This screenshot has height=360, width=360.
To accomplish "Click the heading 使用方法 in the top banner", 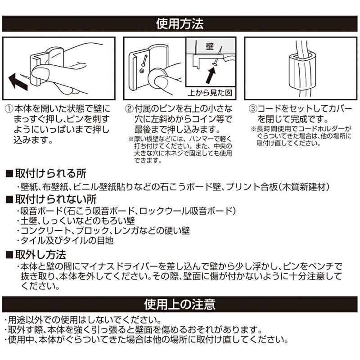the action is pyautogui.click(x=180, y=24).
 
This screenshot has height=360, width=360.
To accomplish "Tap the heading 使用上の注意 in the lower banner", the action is pyautogui.click(x=180, y=304).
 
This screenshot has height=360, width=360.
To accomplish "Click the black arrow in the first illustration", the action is pyautogui.click(x=18, y=82).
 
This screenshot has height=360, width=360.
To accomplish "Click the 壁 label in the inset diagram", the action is pyautogui.click(x=210, y=46).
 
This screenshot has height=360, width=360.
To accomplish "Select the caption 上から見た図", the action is pyautogui.click(x=210, y=93).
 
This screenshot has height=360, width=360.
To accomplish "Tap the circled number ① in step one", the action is pyautogui.click(x=9, y=109).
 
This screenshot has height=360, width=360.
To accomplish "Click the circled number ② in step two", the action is pyautogui.click(x=130, y=109).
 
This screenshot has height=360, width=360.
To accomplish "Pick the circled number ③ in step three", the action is pyautogui.click(x=253, y=109).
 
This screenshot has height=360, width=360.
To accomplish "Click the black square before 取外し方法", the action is pyautogui.click(x=9, y=255).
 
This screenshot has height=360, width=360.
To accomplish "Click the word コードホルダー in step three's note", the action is pyautogui.click(x=317, y=129).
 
